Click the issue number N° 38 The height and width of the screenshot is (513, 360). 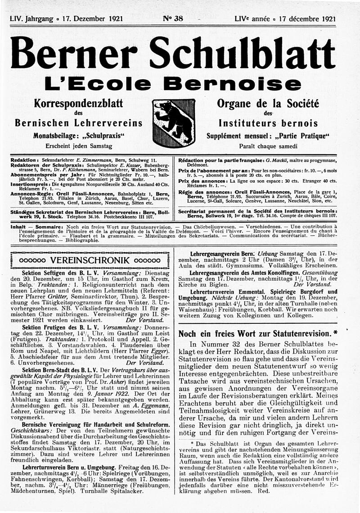pos(172,19)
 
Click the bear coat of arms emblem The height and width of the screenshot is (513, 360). pos(173,123)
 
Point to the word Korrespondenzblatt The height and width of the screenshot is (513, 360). pos(79,103)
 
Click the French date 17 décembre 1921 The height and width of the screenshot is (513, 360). pos(307,19)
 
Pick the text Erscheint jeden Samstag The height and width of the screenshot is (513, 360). pos(79,145)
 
